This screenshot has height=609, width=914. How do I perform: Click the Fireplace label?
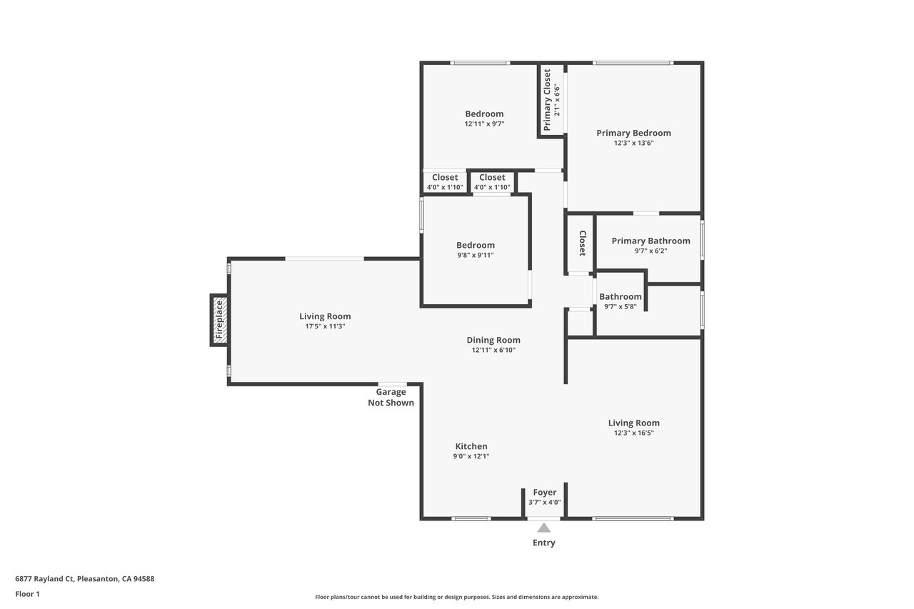point(219,319)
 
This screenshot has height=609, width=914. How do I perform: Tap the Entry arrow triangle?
point(543,528)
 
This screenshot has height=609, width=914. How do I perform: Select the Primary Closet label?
point(547,99)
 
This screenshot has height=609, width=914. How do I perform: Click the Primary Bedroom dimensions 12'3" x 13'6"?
point(633,143)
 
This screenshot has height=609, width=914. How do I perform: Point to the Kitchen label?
point(471,446)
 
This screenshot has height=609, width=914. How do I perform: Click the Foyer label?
point(545,493)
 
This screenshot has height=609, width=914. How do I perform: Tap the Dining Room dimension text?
point(493,350)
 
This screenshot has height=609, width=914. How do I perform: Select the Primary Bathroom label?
point(651,241)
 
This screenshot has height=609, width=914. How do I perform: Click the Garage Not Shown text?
point(391,397)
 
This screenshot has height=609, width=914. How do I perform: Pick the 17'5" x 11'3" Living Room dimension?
point(325,326)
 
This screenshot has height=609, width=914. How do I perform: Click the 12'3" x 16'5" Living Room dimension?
point(633,433)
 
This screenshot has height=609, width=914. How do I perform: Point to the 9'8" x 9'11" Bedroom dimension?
point(476,256)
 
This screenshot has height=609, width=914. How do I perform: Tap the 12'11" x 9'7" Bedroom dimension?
point(484,124)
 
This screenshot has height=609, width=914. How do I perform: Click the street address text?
point(85,578)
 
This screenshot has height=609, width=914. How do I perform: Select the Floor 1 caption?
point(27,594)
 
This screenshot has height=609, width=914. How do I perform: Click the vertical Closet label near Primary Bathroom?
point(583,243)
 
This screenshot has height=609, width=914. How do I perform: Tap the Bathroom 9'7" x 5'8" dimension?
point(621,307)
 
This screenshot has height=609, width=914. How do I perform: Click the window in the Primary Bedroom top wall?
point(633,63)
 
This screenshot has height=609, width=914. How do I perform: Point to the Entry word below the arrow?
point(544,543)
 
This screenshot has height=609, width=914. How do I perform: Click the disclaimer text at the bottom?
point(456,597)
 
